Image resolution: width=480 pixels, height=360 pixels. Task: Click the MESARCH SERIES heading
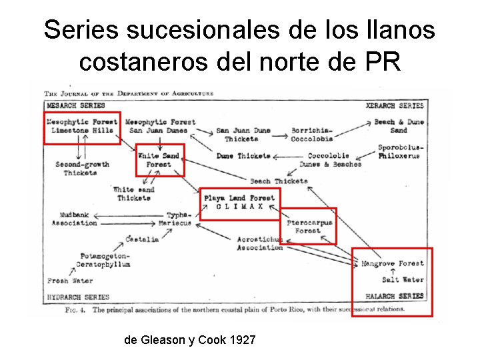coord(76,105)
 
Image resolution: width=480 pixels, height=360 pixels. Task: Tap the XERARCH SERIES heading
coord(395,105)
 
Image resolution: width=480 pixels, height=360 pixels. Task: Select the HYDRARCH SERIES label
coord(78,297)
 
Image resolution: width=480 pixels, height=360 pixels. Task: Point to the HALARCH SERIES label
coord(395,296)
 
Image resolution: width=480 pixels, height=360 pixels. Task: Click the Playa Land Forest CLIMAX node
coord(239,202)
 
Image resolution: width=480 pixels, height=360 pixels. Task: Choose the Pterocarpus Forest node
coord(309,227)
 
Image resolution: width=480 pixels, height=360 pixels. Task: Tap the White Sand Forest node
coord(159,160)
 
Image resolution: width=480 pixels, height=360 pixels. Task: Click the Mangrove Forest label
coord(392,263)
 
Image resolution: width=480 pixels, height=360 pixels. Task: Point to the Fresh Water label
coord(70,281)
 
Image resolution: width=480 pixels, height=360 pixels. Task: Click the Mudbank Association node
coord(74,219)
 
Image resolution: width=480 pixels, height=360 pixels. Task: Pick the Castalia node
coord(142,239)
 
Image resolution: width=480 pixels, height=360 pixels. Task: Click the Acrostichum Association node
coord(259,243)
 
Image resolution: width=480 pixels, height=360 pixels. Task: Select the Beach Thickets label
coord(279,181)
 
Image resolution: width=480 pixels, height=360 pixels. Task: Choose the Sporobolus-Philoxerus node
coord(400,151)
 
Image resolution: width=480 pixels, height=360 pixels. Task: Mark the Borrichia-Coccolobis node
coord(312,135)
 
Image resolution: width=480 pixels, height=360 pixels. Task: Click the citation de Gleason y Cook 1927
coord(189,340)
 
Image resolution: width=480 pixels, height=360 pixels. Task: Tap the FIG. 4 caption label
coord(75,310)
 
